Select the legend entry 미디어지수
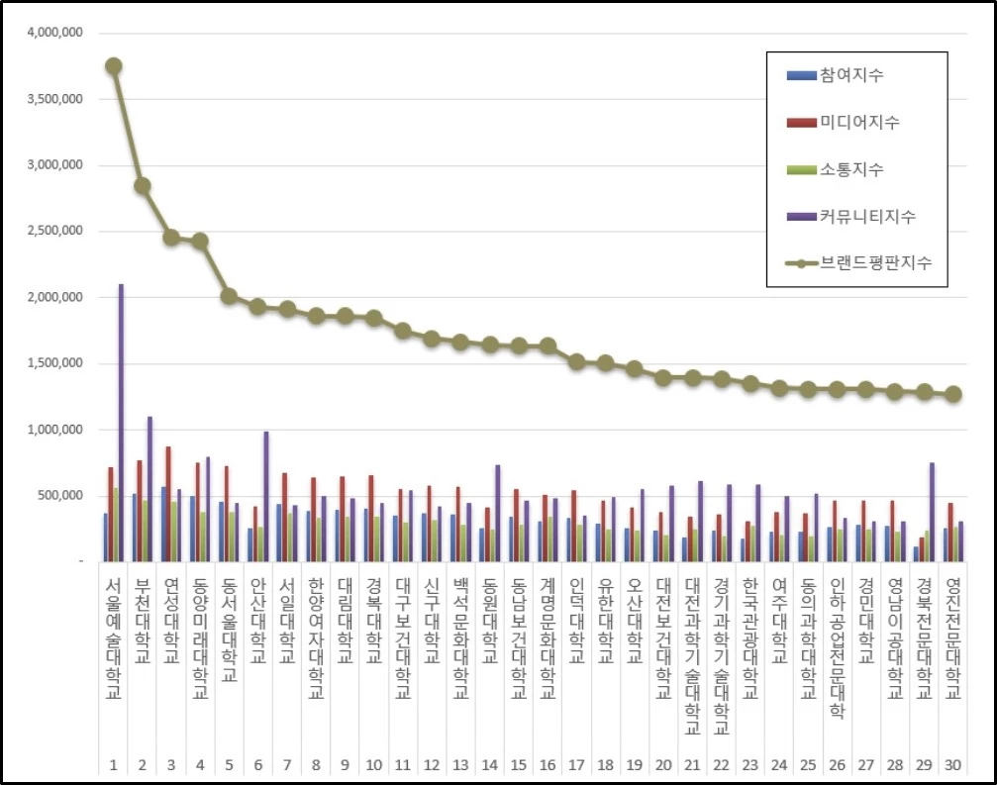point(857,123)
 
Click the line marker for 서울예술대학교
point(114,66)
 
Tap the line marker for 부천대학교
point(143,186)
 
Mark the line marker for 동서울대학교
point(229,296)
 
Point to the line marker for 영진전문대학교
point(952,394)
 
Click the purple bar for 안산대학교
point(265,496)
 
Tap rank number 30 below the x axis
point(952,765)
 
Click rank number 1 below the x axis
point(113,765)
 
